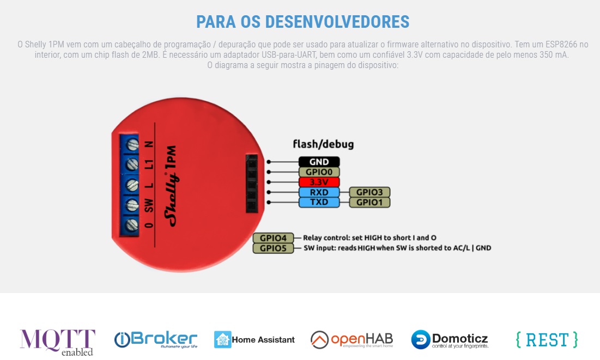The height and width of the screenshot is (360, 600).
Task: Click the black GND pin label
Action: point(319,162)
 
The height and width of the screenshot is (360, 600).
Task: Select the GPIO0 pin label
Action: point(319,172)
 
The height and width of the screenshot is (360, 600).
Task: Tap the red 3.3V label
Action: point(319,182)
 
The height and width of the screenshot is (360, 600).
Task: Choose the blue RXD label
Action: point(319,192)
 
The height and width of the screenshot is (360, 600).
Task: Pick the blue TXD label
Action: point(319,203)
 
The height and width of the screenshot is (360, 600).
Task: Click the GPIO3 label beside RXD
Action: point(369,192)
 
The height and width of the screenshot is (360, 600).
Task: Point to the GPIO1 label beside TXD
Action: point(369,203)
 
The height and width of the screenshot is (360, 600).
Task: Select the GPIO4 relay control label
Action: point(273,238)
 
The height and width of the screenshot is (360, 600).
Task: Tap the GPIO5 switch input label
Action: point(273,248)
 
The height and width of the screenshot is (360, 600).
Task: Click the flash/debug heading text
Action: point(323,144)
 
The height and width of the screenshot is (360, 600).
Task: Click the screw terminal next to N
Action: point(132,145)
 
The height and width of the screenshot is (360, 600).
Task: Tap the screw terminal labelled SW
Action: point(132,205)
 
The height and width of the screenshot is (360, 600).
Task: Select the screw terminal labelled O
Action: point(132,225)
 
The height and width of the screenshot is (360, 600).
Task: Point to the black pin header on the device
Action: point(251,183)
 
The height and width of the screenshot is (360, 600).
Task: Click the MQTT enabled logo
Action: point(57,341)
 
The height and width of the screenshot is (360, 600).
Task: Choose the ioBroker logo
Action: point(156,339)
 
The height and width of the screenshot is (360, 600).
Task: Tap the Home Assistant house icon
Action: point(223,339)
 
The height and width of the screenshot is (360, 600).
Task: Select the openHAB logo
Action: point(351,340)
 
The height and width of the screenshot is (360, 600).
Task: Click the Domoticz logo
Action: point(450,339)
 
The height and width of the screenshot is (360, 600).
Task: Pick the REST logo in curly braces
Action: point(547,340)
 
